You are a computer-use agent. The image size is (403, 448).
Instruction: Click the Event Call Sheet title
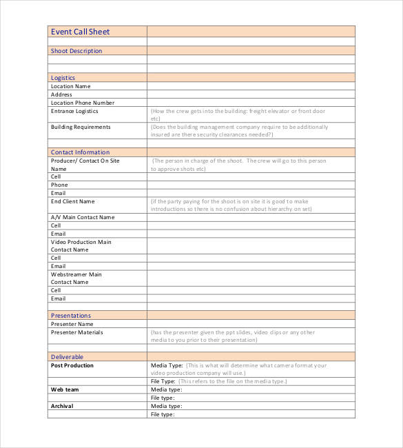pos(80,32)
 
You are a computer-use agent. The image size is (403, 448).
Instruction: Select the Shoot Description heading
pos(76,51)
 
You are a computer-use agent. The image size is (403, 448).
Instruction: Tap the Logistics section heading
pos(63,78)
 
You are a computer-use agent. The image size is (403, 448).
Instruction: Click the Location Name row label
pos(71,87)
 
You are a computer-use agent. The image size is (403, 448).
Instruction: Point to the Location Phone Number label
pos(83,103)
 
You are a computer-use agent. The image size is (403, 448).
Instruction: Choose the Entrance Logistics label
pos(74,111)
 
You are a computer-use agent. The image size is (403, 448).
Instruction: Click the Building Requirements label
pos(80,127)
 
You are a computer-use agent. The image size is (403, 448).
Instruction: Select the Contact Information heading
pos(80,152)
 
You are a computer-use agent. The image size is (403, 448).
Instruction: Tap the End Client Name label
pos(72,201)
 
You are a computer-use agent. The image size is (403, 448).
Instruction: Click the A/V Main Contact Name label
pos(83,217)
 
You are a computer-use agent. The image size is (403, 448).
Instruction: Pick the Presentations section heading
pos(71,316)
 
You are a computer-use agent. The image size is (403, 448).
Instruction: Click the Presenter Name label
pos(72,324)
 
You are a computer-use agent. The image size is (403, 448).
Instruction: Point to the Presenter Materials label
pos(76,332)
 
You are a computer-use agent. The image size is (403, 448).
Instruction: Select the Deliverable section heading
pos(67,357)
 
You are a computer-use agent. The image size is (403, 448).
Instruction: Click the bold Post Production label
pos(72,365)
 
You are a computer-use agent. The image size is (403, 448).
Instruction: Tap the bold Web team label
pos(65,389)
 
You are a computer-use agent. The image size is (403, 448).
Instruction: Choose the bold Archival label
pos(62,406)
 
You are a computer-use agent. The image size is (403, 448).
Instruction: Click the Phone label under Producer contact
pos(59,185)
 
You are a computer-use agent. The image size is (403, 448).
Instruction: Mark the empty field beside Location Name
pos(251,87)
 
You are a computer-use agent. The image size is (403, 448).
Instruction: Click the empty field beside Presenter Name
pos(251,324)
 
